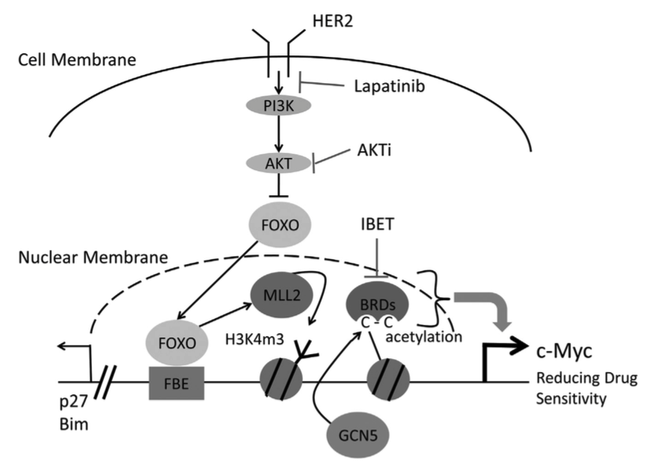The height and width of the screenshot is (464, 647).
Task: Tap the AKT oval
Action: pyautogui.click(x=277, y=162)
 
